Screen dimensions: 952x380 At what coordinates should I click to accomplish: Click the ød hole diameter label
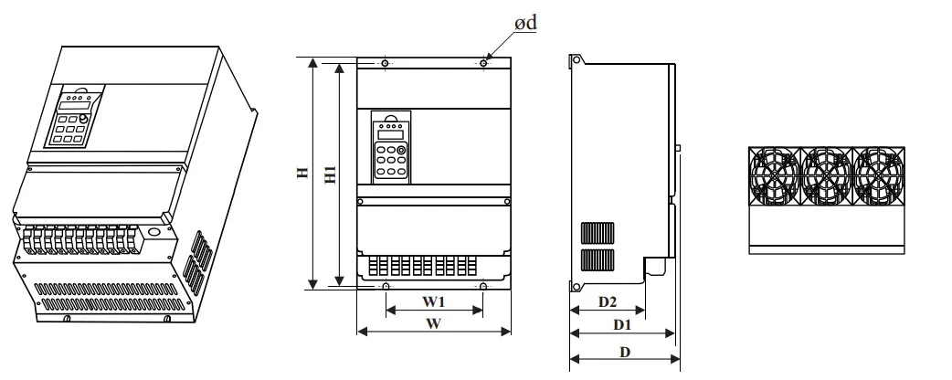(x=525, y=23)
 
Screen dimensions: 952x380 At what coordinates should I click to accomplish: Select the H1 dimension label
(x=331, y=174)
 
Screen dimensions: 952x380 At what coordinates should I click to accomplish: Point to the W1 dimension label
(x=433, y=301)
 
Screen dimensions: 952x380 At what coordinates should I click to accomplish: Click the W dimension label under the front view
(x=433, y=323)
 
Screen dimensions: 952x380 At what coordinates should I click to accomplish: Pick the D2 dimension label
(x=608, y=301)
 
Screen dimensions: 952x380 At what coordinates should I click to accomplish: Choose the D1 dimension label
(x=621, y=325)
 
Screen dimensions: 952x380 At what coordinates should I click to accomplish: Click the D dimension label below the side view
(x=625, y=352)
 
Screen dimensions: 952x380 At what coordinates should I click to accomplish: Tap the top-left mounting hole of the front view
(x=386, y=63)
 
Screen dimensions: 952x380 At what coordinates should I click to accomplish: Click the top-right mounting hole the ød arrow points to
(x=483, y=63)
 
